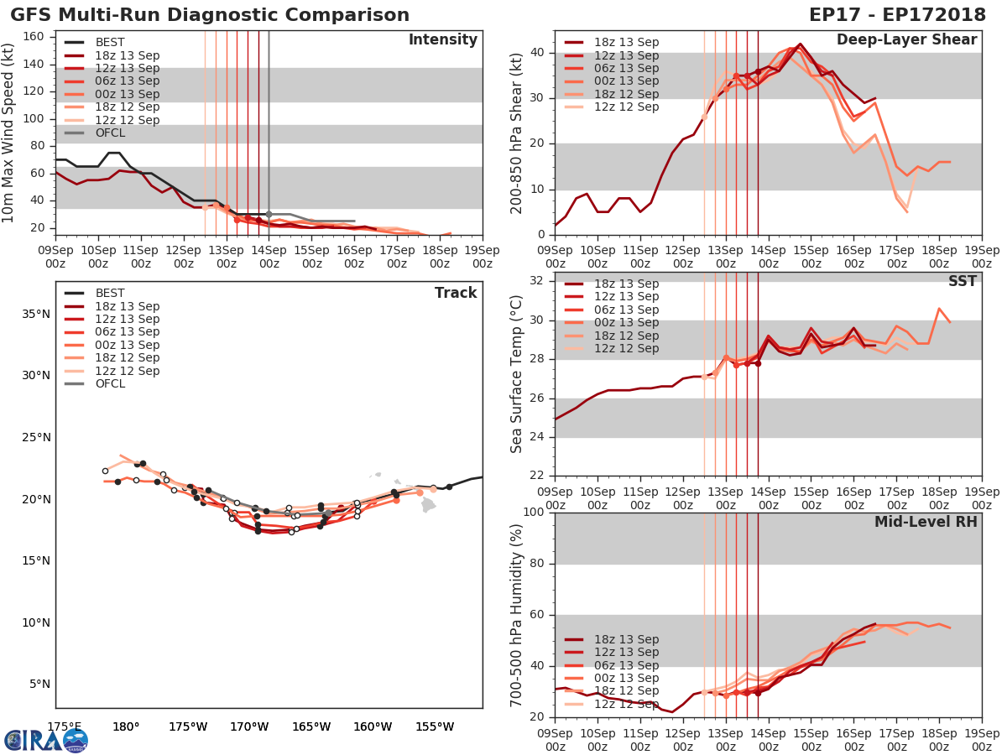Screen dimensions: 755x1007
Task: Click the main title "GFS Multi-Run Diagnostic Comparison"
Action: click(x=210, y=15)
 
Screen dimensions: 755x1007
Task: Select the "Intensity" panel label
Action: click(x=442, y=40)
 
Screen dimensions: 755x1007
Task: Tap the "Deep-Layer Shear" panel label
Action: click(x=906, y=40)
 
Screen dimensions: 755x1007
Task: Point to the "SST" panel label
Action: click(x=962, y=282)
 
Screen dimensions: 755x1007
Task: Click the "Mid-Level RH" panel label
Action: click(x=926, y=522)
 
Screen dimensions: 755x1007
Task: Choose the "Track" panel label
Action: click(x=456, y=293)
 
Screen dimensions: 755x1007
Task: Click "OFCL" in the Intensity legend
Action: click(x=111, y=133)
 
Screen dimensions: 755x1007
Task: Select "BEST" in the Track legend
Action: click(x=110, y=294)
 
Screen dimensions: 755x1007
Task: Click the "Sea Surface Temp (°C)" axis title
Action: click(x=517, y=374)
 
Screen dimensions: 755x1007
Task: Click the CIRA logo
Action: click(x=45, y=740)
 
